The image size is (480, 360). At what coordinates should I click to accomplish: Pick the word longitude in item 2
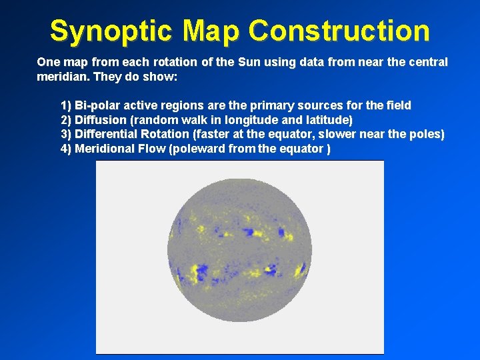point(234,120)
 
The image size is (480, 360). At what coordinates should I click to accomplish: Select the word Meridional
point(105,149)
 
